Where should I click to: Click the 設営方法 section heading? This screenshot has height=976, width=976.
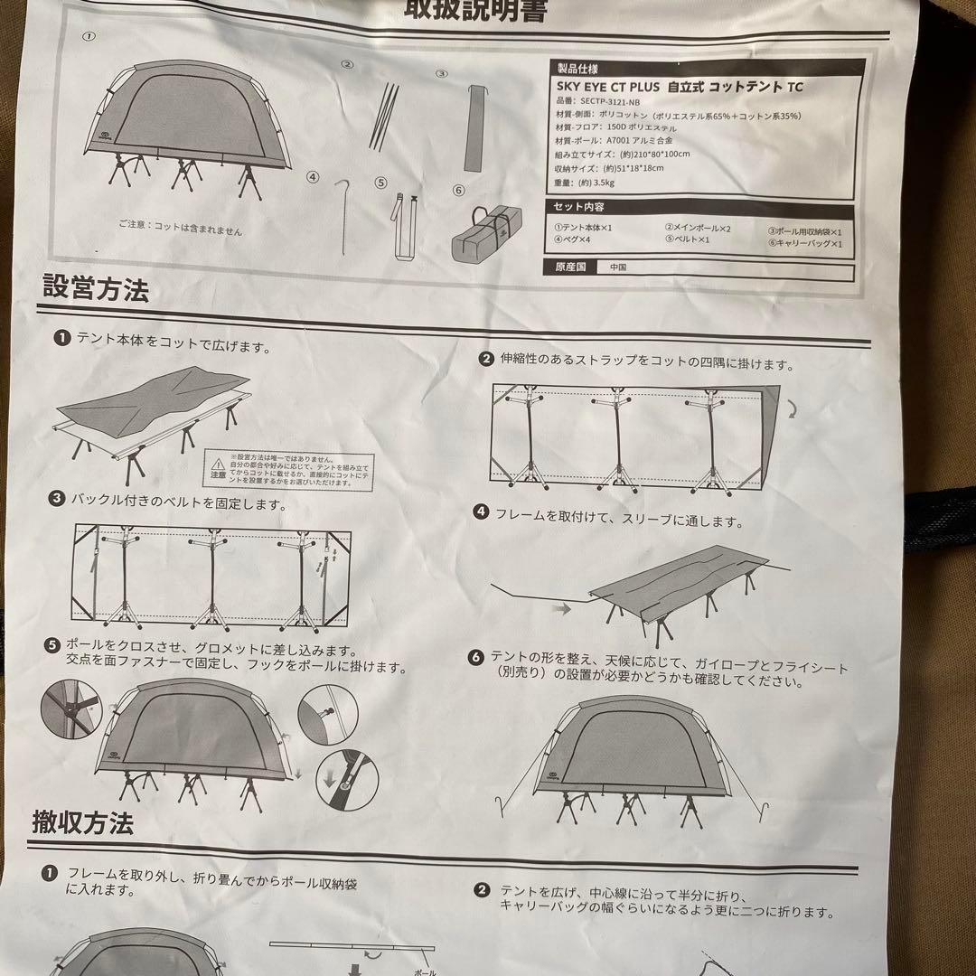click(96, 290)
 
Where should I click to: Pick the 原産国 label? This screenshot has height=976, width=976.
click(571, 268)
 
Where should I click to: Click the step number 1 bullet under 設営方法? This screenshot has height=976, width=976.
click(61, 338)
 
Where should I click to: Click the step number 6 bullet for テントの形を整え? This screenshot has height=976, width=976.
click(476, 657)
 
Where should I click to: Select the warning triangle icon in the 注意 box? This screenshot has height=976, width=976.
click(218, 461)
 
